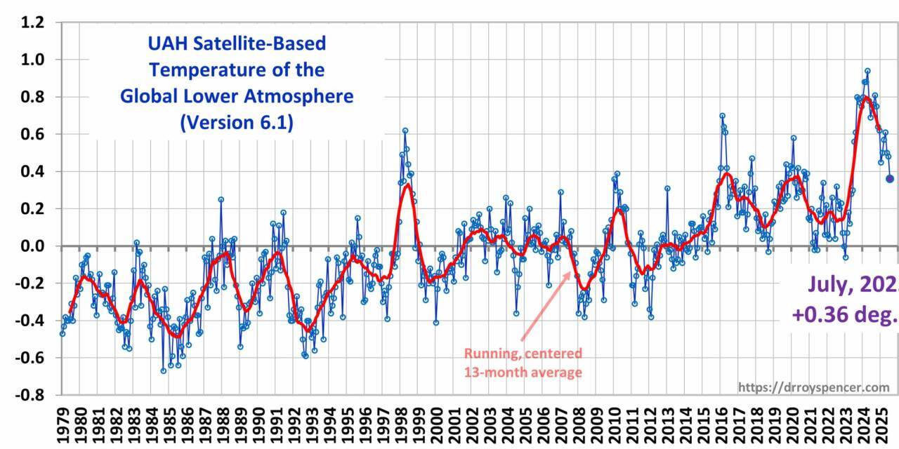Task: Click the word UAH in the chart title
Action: coord(167,43)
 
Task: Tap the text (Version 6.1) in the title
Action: coord(237,122)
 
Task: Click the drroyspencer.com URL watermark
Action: coord(813,387)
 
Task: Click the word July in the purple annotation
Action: coord(831,284)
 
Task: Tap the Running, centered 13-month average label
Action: coord(523,363)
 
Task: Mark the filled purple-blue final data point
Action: coord(890,179)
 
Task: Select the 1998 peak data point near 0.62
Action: coord(405,130)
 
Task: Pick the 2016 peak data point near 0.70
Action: coord(722,116)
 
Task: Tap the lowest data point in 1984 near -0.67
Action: coord(163,370)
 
